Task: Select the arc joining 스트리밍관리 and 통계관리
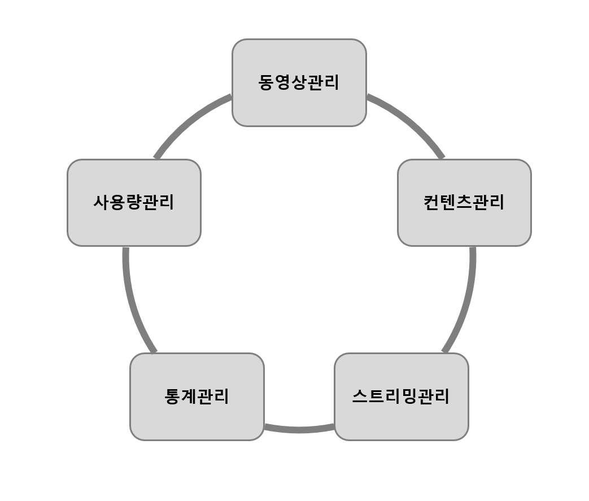coord(299,430)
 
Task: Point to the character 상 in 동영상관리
coord(299,83)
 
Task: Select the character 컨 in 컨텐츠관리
coord(431,202)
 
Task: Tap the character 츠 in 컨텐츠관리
coord(464,202)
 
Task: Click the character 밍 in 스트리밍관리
coord(409,397)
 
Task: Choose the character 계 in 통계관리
coord(189,397)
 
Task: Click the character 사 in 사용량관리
coord(102,202)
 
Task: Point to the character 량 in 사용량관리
coord(134,202)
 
